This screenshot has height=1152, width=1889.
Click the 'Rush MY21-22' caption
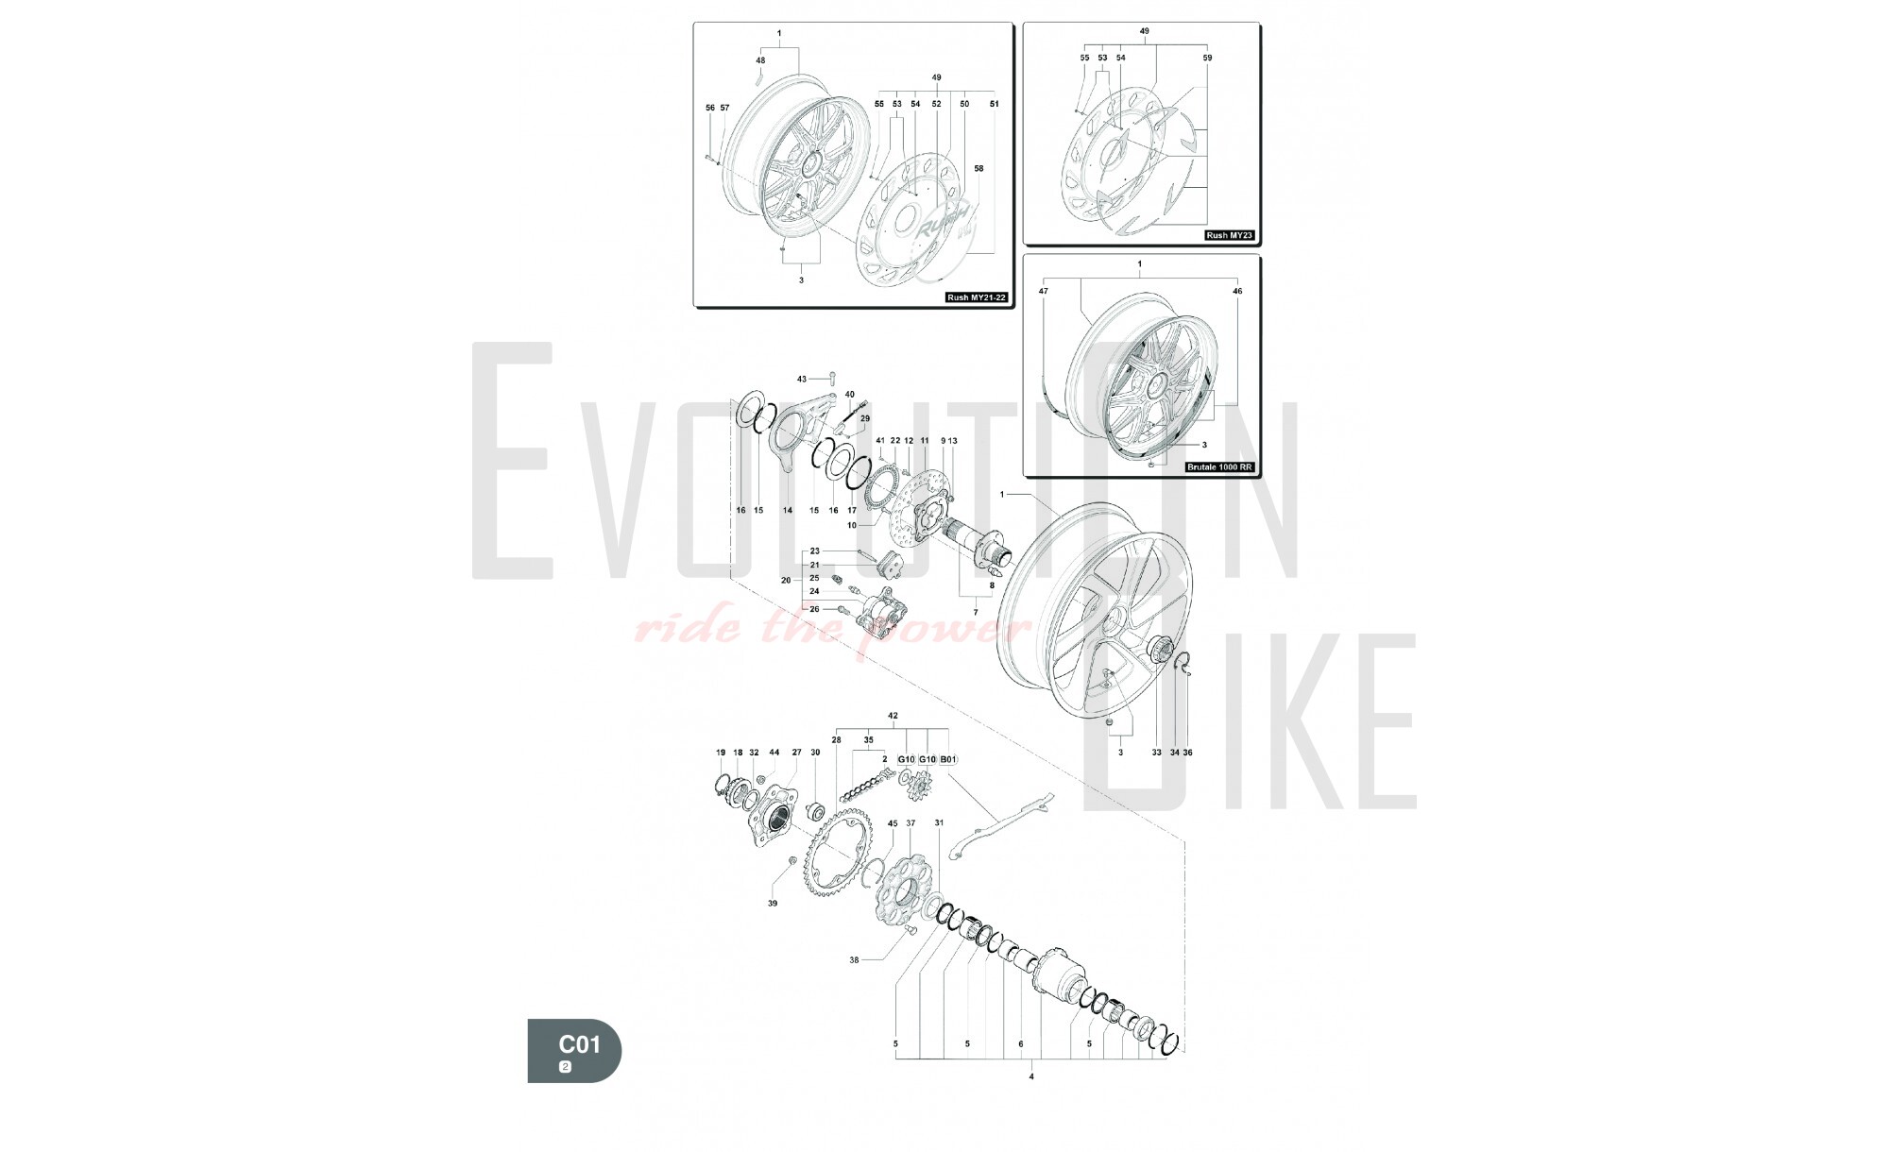pos(977,297)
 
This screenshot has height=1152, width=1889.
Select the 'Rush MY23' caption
pos(1230,235)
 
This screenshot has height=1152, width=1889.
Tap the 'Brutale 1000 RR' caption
pos(1220,467)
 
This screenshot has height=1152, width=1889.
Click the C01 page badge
pos(574,1051)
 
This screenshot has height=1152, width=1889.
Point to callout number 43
pos(802,379)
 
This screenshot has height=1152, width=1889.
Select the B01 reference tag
pos(949,759)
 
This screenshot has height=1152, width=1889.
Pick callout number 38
pos(855,959)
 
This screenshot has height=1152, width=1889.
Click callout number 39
pos(773,904)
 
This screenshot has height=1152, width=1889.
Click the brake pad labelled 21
pos(889,563)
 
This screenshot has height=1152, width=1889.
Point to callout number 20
pos(786,581)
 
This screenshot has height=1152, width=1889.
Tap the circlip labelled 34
pos(1183,665)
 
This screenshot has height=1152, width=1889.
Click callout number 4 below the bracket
pos(1031,1076)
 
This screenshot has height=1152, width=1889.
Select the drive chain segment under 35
pos(866,786)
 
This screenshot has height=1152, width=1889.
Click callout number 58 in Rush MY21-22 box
pos(979,169)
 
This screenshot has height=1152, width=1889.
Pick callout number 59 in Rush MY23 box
pos(1207,58)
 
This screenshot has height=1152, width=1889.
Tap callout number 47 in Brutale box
pos(1044,292)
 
